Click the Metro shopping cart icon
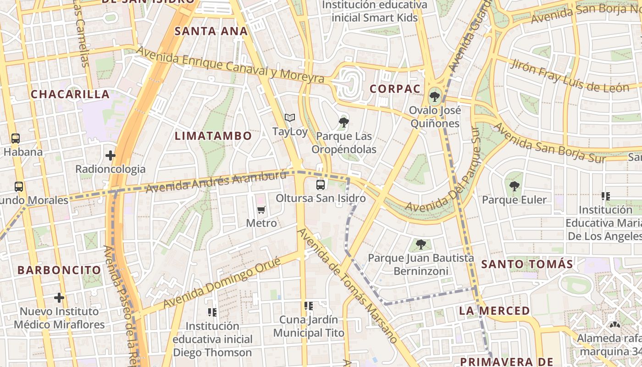pos(261,210)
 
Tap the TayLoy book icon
pos(289,118)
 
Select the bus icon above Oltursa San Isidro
pos(321,185)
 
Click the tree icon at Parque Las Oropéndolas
pos(343,122)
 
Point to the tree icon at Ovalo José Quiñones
pos(434,97)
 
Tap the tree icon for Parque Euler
pos(514,186)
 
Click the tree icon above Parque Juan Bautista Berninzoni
pos(421,245)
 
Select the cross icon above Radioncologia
pos(110,156)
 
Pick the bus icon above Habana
pos(16,138)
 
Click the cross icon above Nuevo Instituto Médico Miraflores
pos(59,298)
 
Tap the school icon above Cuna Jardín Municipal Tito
pos(308,306)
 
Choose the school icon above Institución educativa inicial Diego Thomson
pos(212,312)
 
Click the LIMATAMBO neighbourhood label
pos(213,136)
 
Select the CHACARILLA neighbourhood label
pos(70,95)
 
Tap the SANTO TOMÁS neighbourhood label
pos(527,264)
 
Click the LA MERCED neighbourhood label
pos(494,311)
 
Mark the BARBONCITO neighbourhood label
pos(60,270)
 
